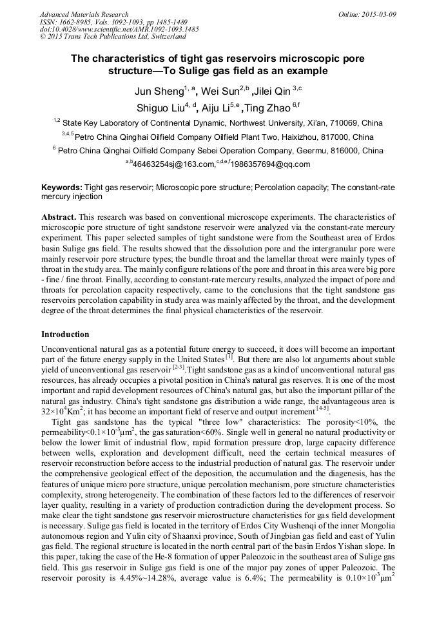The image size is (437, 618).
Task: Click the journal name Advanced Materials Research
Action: pyautogui.click(x=84, y=14)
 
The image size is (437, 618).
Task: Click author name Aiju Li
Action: pyautogui.click(x=214, y=108)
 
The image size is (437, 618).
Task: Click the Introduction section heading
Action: pyautogui.click(x=65, y=334)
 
